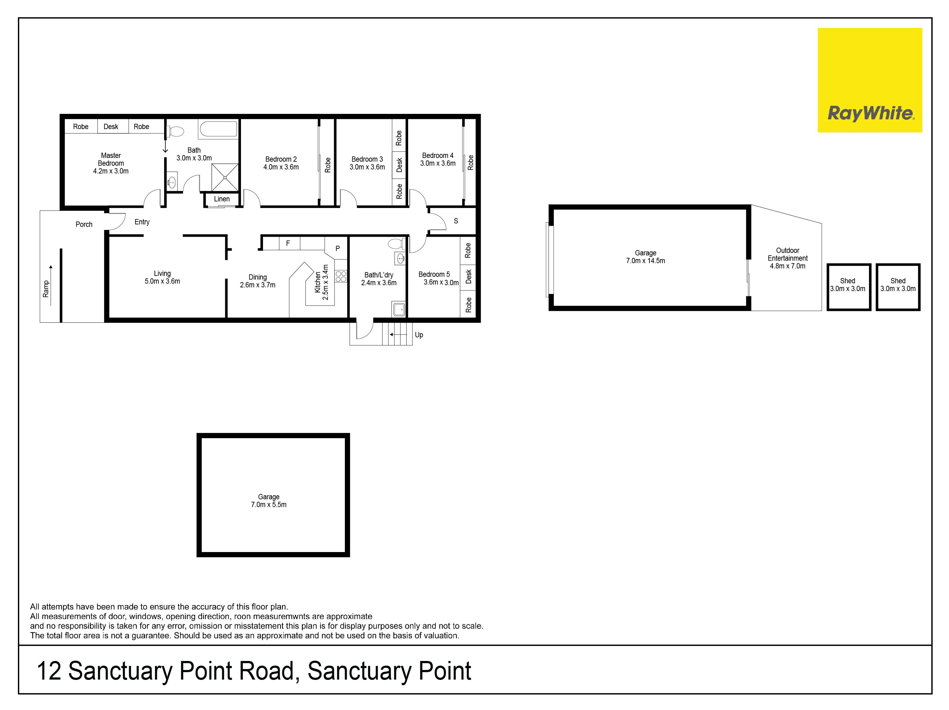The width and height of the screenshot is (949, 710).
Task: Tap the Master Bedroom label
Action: point(111,159)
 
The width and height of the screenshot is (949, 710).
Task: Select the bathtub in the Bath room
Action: point(218,129)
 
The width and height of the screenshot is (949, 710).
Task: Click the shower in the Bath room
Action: point(225,177)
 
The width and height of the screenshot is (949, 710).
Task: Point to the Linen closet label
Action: point(222,199)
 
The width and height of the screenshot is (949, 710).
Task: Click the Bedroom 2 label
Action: point(281,159)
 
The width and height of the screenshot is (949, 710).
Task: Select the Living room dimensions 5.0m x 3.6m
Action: point(162,281)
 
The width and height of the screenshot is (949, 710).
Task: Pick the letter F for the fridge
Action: point(288,243)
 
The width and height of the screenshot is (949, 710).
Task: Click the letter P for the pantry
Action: point(338,248)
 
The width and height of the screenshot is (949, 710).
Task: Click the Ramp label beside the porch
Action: point(46,289)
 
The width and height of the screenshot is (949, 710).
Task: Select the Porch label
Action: point(84,224)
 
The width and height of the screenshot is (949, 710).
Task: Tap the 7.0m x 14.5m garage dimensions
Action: point(645,261)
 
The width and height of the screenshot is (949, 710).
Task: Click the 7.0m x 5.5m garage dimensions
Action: point(269,504)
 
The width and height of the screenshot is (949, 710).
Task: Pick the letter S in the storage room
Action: point(456,221)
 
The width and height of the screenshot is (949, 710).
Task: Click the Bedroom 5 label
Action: point(434,274)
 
